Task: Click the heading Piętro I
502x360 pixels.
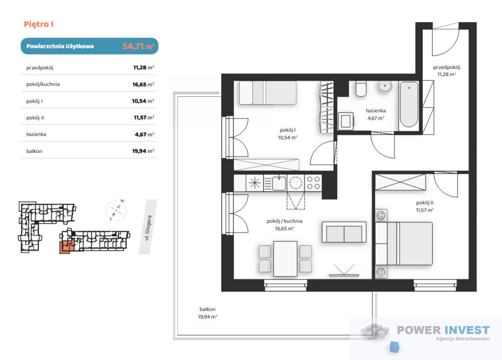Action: pyautogui.click(x=38, y=24)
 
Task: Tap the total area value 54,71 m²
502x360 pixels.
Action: pyautogui.click(x=138, y=46)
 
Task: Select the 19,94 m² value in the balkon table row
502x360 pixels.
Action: pyautogui.click(x=143, y=151)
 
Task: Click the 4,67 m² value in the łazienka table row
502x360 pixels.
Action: pyautogui.click(x=145, y=134)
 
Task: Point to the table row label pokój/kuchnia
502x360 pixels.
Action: pyautogui.click(x=43, y=84)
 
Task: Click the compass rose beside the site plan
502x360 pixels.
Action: pyautogui.click(x=116, y=210)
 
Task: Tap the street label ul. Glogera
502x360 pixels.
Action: pyautogui.click(x=148, y=228)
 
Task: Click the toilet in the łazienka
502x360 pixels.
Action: pyautogui.click(x=361, y=89)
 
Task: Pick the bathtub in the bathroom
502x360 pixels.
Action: pyautogui.click(x=409, y=104)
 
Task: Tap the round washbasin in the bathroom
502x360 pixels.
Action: pyautogui.click(x=385, y=86)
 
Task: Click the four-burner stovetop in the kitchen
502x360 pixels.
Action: pyautogui.click(x=313, y=183)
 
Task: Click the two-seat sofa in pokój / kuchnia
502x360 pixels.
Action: pyautogui.click(x=344, y=232)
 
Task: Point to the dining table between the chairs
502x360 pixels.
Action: pyautogui.click(x=285, y=259)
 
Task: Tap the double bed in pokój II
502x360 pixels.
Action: pyautogui.click(x=404, y=243)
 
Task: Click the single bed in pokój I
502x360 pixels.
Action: pyautogui.click(x=268, y=93)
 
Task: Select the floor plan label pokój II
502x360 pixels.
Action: pyautogui.click(x=425, y=203)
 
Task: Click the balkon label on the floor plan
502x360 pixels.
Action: pyautogui.click(x=207, y=309)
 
